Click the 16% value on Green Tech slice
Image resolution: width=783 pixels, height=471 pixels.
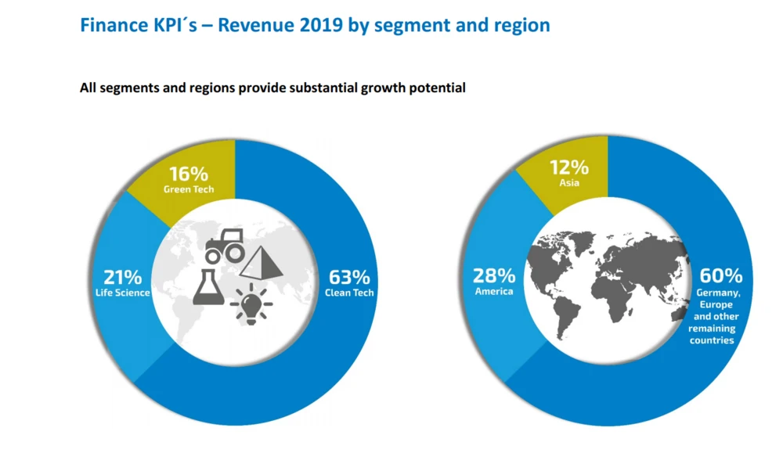pos(189,174)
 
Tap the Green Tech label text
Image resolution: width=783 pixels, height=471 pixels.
pos(189,189)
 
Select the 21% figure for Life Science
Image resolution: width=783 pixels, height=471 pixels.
pos(123,277)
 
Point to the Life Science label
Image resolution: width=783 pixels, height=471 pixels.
pos(123,293)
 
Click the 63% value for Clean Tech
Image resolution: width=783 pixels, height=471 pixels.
pos(350,277)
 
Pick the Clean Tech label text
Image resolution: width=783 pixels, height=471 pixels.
pos(350,293)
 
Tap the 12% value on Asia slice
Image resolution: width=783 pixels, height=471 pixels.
pos(568,167)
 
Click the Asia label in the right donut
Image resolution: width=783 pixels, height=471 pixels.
pos(568,182)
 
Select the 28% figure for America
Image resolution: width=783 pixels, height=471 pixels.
pos(494,275)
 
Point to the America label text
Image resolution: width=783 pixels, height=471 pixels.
pos(494,291)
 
